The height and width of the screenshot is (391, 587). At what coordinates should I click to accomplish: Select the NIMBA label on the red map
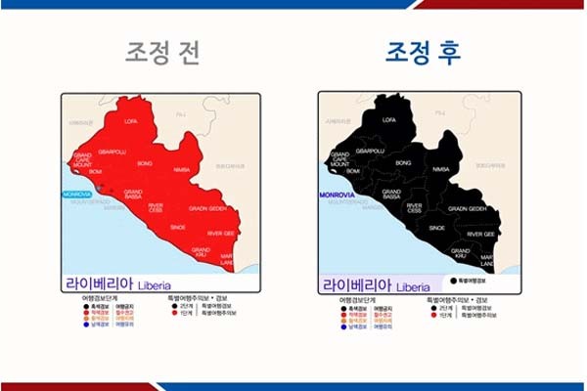point(180,169)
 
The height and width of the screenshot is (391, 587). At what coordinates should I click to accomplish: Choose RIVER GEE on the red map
point(221,234)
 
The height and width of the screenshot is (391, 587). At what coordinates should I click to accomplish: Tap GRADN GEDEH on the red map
point(208,208)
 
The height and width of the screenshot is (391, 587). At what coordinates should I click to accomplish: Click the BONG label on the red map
point(145,162)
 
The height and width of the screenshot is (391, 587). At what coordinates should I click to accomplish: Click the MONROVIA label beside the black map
point(336,195)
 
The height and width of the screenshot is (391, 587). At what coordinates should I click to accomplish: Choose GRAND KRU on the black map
point(458,253)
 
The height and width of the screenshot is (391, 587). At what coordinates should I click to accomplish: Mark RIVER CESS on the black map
point(415,208)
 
